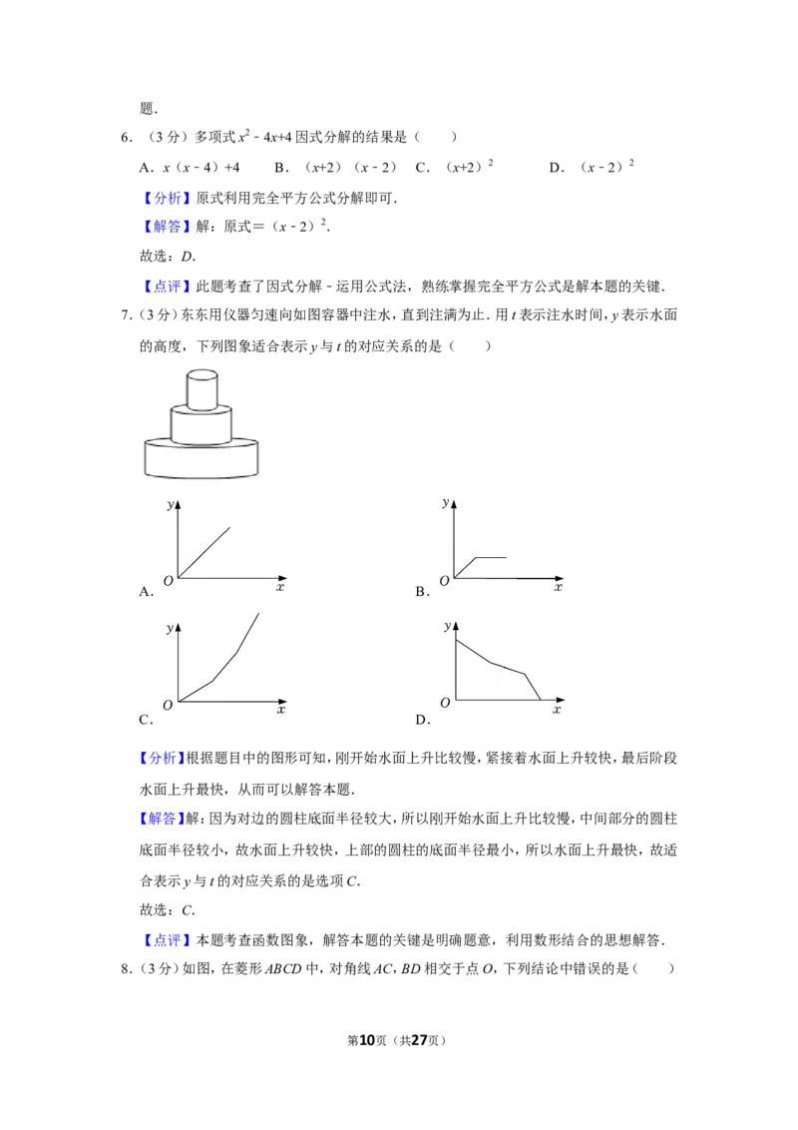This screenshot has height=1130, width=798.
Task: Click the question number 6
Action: click(126, 137)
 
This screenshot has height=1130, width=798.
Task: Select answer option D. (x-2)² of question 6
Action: click(592, 167)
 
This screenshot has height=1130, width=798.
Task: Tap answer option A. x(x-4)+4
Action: click(190, 167)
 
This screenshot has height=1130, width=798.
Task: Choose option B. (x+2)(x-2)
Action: click(335, 167)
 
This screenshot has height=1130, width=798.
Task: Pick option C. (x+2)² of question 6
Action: click(455, 167)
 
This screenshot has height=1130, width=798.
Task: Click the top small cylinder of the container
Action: click(202, 389)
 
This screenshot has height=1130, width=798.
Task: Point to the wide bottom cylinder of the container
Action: click(201, 458)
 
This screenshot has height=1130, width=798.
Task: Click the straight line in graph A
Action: click(203, 553)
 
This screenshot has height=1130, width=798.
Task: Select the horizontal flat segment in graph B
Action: click(491, 557)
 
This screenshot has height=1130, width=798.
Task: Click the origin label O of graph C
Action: click(168, 705)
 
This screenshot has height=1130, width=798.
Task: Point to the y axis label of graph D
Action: click(447, 626)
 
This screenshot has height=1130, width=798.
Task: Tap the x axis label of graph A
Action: click(280, 587)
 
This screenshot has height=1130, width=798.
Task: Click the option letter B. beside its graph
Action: click(423, 592)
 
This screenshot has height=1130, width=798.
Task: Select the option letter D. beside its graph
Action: click(423, 719)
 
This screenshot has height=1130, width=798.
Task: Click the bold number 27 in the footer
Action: click(418, 1040)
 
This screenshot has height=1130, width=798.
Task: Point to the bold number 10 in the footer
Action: click(367, 1040)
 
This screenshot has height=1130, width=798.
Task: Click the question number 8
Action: click(126, 968)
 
